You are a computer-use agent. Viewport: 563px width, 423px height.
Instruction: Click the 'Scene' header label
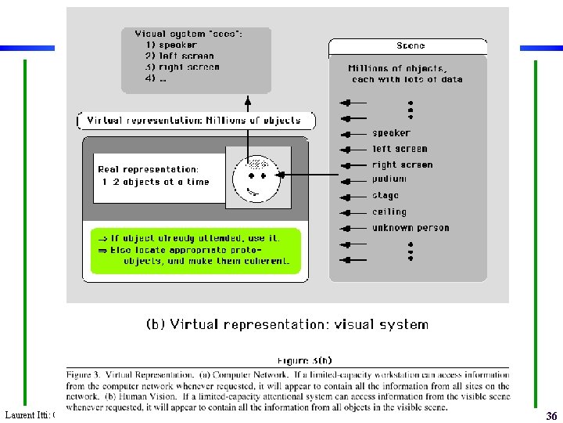[411, 46]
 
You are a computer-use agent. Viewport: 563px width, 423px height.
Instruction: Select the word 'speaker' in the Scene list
[391, 133]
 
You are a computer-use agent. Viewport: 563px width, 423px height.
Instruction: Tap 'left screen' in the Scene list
[400, 149]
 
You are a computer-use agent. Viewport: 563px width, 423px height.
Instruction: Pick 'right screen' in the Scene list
[402, 165]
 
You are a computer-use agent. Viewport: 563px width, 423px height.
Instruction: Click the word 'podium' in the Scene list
[390, 179]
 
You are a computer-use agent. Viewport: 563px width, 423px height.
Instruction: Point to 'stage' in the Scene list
[385, 196]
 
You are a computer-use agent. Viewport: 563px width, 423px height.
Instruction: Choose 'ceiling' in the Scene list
[389, 211]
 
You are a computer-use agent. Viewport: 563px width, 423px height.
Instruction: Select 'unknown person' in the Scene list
[411, 228]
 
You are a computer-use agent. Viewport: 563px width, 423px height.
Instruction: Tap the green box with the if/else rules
[195, 251]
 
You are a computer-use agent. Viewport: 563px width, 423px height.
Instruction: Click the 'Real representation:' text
[148, 169]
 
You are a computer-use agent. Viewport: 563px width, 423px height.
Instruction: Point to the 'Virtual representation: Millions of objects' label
[194, 121]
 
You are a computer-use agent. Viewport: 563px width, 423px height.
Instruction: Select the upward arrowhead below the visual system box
[248, 100]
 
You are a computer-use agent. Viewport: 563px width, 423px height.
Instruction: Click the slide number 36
[551, 416]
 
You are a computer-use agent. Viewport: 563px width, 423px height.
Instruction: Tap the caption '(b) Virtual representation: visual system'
[287, 324]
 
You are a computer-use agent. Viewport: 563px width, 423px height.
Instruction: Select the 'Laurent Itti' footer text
[27, 414]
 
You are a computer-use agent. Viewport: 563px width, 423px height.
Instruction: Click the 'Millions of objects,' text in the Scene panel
[396, 68]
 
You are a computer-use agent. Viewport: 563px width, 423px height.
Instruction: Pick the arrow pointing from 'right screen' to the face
[313, 174]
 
